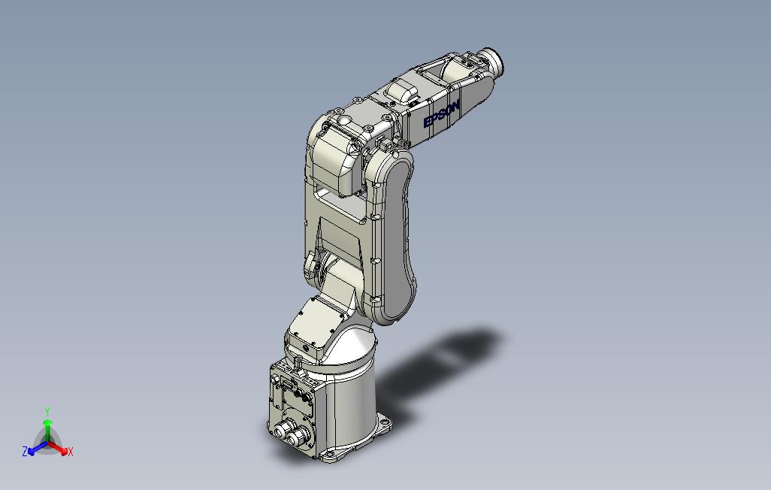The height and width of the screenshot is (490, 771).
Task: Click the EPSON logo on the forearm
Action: tap(442, 114)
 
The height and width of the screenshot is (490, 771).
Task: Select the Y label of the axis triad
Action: tap(47, 411)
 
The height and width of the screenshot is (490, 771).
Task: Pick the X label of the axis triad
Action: tap(71, 452)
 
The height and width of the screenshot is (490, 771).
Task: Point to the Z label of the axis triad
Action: tap(25, 451)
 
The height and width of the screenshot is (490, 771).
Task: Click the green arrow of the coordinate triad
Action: tap(47, 431)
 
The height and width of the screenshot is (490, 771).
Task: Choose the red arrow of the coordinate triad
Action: tap(58, 448)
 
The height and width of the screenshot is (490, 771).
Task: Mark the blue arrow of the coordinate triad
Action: tap(38, 448)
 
